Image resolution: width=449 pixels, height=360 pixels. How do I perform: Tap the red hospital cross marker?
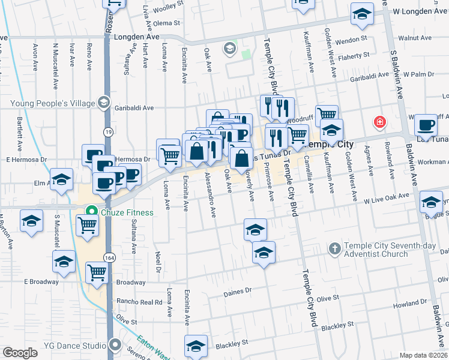pos(379,122)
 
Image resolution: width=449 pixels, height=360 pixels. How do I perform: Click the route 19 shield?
pos(107,131)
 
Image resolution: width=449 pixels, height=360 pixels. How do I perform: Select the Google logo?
pos(20,353)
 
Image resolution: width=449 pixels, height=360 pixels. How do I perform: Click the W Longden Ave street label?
pos(420,11)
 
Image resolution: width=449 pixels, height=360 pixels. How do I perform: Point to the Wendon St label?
pos(351,39)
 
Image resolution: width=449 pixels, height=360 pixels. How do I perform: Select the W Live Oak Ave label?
pos(387,197)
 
